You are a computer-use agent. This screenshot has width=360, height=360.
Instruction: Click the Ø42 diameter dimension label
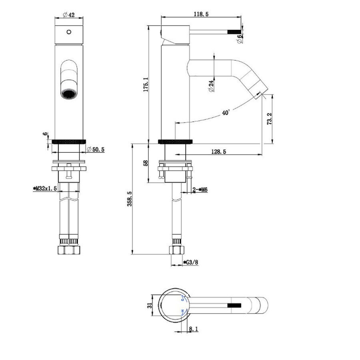(69, 15)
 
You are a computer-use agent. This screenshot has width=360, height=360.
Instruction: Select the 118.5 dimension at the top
(201, 14)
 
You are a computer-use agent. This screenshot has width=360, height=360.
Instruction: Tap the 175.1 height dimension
(146, 84)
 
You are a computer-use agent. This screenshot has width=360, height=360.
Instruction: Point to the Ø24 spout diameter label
(211, 86)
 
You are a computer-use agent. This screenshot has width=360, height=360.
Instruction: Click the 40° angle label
(226, 112)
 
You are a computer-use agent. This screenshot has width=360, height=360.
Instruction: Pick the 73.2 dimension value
(269, 119)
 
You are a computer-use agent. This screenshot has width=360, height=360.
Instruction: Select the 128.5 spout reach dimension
(218, 152)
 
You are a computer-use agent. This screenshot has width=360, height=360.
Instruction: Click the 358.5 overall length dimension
(130, 199)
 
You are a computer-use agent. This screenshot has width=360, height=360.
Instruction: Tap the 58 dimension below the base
(146, 163)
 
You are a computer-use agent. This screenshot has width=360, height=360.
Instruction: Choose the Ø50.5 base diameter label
(96, 150)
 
